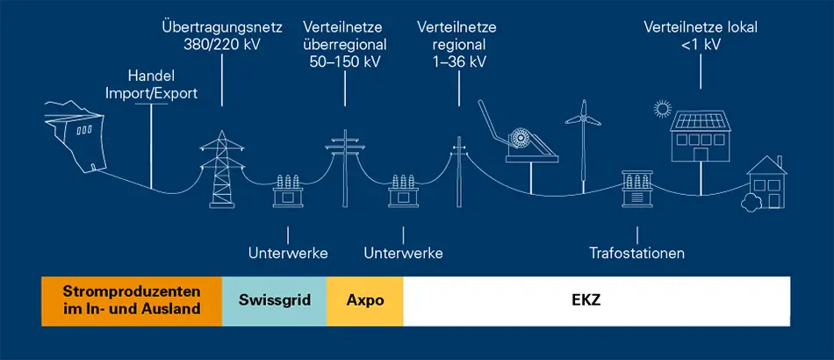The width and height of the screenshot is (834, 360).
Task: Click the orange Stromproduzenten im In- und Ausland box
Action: (132, 301)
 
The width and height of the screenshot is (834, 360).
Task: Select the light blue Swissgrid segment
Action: (275, 301)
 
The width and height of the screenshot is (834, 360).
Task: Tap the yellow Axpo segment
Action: (365, 301)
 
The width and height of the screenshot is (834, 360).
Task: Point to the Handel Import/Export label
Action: (152, 85)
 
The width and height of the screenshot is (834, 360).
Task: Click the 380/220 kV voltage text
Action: (222, 44)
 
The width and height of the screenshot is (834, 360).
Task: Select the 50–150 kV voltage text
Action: (345, 61)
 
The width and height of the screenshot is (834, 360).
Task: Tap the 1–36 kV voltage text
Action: (459, 61)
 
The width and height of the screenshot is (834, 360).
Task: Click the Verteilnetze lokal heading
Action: (701, 27)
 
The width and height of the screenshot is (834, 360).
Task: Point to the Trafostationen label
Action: (636, 253)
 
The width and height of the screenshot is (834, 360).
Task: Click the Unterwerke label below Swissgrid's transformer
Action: (288, 253)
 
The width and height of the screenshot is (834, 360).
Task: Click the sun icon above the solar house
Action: (663, 109)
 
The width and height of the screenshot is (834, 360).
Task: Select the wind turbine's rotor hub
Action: (583, 119)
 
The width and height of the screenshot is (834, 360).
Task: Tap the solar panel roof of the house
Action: (700, 120)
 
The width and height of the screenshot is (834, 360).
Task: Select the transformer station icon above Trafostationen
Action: (636, 189)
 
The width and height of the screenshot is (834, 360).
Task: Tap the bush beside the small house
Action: (751, 203)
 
